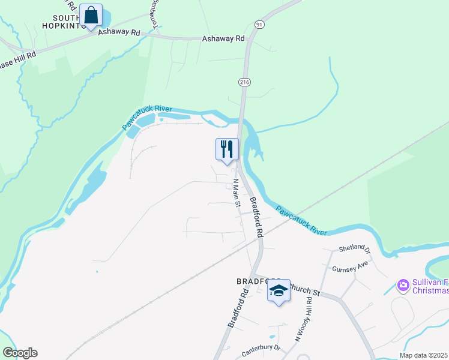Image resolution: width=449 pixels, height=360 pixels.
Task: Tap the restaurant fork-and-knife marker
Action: pyautogui.click(x=227, y=149)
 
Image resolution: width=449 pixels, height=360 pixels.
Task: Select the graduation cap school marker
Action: pyautogui.click(x=279, y=291)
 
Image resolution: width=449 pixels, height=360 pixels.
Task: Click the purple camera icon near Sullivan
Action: pyautogui.click(x=403, y=284)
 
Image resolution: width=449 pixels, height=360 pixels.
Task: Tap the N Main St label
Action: pyautogui.click(x=237, y=193)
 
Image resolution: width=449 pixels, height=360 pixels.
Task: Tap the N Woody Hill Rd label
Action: pyautogui.click(x=303, y=322)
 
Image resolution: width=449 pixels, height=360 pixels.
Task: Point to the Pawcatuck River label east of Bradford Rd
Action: pyautogui.click(x=301, y=220)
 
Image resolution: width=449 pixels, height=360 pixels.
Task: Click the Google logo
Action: pyautogui.click(x=20, y=353)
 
